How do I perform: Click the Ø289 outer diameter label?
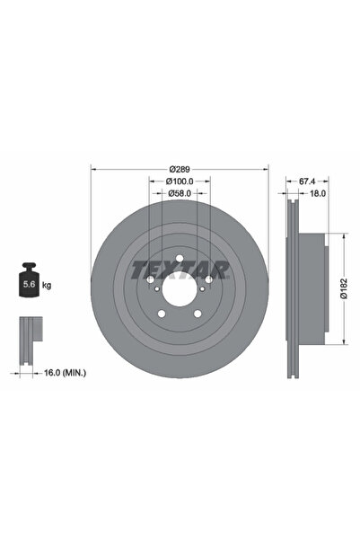(x=180, y=168)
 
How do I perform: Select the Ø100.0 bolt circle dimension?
(x=180, y=181)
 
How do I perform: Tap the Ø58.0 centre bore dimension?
(x=180, y=192)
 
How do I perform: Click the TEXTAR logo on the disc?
(x=180, y=269)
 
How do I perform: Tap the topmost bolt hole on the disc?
(x=180, y=261)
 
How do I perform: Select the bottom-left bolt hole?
(x=162, y=314)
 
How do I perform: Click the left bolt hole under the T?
(x=151, y=280)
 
